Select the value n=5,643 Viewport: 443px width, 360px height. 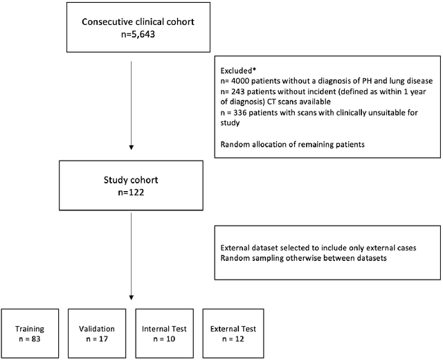[x=132, y=34]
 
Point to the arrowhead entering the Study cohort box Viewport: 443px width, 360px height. [x=132, y=147]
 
